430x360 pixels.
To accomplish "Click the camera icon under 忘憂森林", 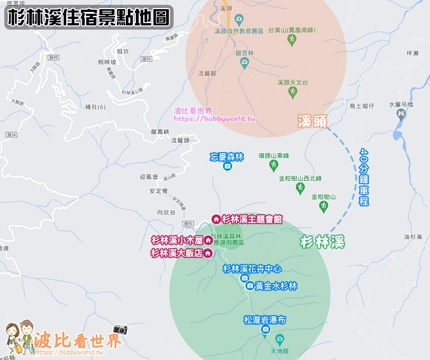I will tap(227, 167).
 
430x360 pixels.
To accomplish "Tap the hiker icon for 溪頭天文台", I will tap(292, 92).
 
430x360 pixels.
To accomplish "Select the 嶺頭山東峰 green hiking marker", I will tap(274, 164).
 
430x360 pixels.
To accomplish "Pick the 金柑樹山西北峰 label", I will tap(300, 178).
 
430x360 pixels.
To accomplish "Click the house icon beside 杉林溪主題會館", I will tap(216, 219).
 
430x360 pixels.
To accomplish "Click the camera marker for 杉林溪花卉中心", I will tap(245, 278).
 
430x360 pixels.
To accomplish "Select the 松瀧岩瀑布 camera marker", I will tap(264, 329).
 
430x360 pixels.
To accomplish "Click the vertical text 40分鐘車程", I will tap(364, 177).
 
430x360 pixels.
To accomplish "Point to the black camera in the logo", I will tap(120, 329).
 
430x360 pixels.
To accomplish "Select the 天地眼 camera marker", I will tap(279, 339).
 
